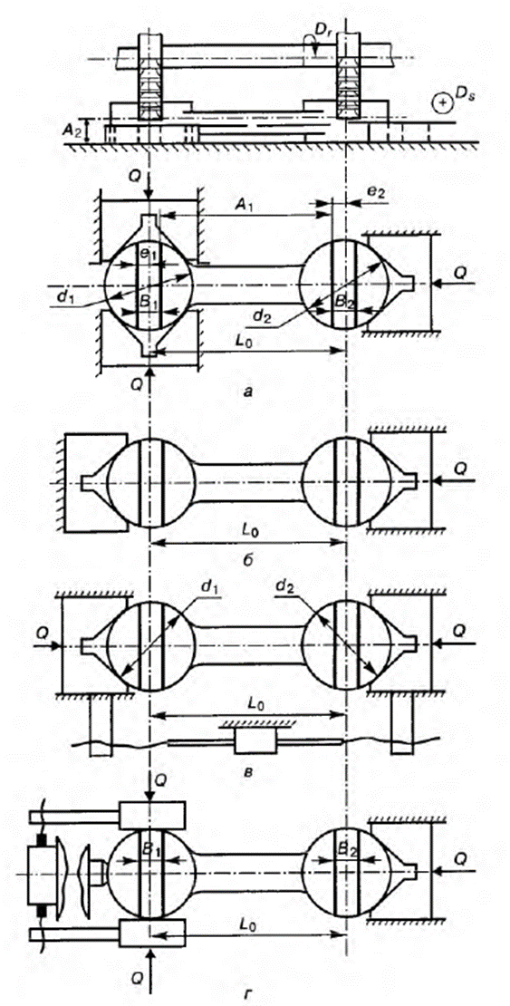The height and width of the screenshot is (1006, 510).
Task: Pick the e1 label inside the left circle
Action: pyautogui.click(x=149, y=254)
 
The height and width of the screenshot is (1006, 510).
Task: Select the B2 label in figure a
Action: pyautogui.click(x=345, y=300)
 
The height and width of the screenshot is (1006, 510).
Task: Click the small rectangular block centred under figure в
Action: pyautogui.click(x=256, y=741)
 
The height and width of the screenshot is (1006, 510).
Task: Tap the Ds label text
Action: pyautogui.click(x=463, y=95)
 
